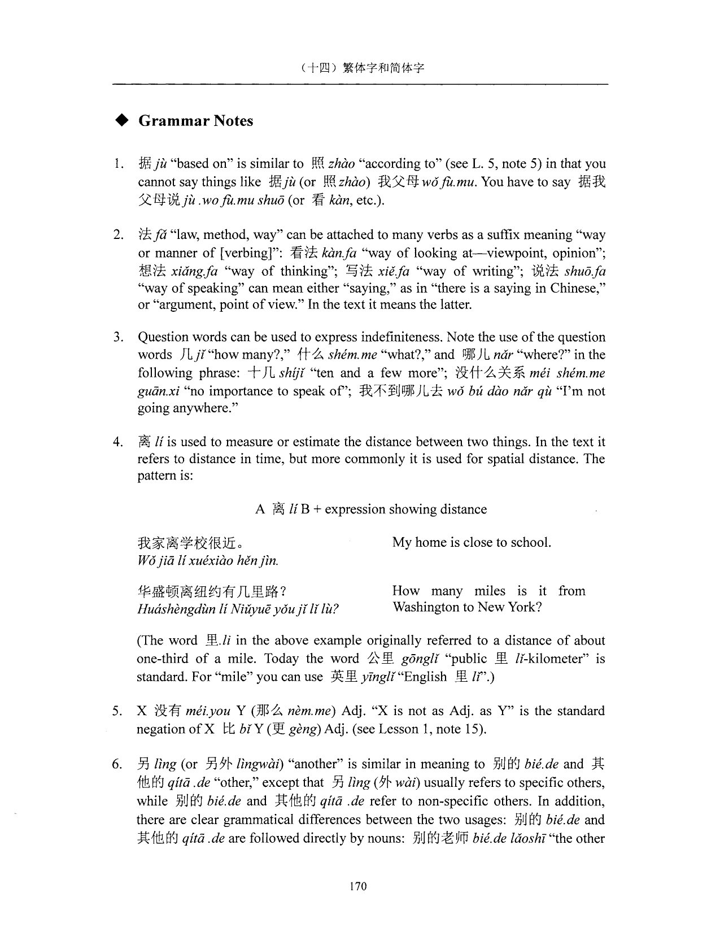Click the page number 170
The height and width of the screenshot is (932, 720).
click(358, 886)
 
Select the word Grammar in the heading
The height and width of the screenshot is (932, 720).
click(166, 121)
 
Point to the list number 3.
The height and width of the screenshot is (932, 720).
click(117, 338)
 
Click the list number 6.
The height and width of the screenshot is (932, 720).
click(117, 765)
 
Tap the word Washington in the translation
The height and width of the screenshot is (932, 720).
click(422, 607)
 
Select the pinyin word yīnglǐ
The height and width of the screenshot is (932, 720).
click(378, 677)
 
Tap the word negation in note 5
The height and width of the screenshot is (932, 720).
click(162, 729)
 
